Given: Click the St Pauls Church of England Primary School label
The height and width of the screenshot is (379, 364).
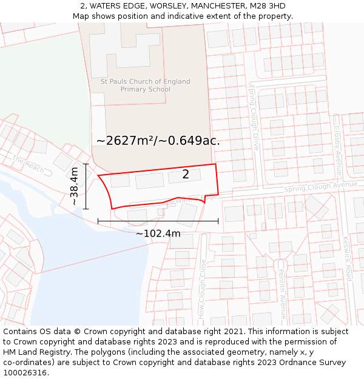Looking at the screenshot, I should click(x=146, y=86).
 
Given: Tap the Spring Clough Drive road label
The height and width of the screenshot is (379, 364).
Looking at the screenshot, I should click(x=254, y=118).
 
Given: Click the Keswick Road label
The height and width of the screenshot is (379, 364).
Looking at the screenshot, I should click(x=347, y=258).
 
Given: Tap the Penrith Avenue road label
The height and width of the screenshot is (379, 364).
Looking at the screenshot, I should click(x=282, y=294).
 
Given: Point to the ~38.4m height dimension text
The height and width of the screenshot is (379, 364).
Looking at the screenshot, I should click(x=75, y=186).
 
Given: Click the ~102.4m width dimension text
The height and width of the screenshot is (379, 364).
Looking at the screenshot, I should click(x=158, y=233).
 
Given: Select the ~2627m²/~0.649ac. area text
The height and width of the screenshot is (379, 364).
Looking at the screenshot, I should click(x=158, y=141).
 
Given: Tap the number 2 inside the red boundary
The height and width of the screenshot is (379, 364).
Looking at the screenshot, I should click(x=186, y=175).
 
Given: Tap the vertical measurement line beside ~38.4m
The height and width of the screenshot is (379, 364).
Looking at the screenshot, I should click(x=86, y=186).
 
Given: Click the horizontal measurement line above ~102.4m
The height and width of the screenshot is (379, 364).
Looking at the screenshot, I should click(x=158, y=221).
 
